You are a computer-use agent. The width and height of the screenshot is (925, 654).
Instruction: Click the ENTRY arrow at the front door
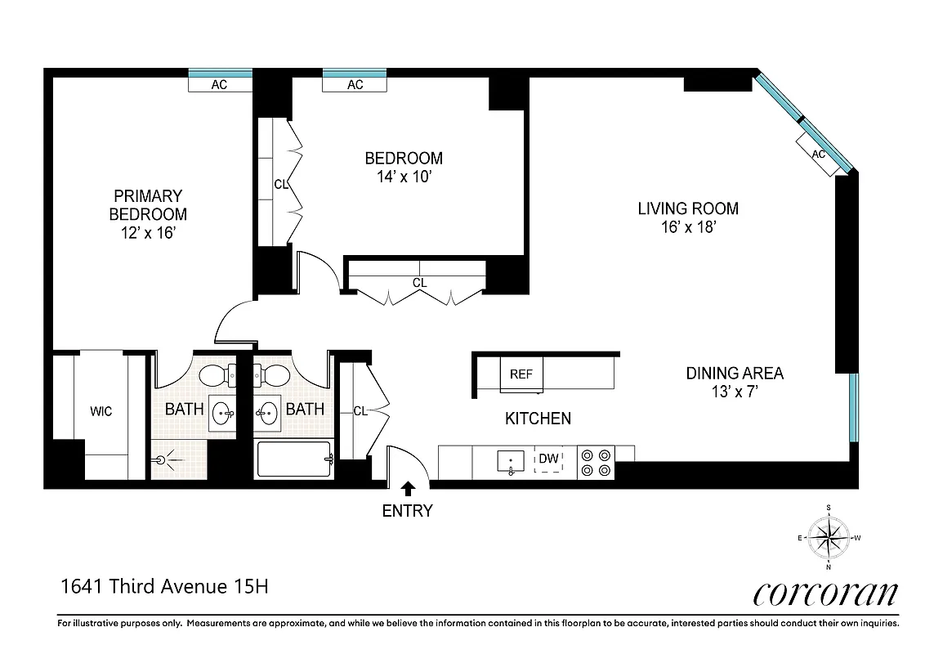point(408,489)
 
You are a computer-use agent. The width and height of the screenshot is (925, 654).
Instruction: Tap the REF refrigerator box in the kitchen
point(521,374)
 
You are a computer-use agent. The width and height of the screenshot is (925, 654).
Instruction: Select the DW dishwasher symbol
point(548,459)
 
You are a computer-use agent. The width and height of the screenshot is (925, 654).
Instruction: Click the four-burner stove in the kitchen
point(597,462)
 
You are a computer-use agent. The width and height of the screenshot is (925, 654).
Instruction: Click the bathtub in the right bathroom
point(294,459)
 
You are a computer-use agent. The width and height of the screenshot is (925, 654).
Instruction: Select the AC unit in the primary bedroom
point(219,84)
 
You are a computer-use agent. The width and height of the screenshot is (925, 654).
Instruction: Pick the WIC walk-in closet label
point(101,411)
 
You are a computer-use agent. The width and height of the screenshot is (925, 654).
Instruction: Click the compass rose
point(829,538)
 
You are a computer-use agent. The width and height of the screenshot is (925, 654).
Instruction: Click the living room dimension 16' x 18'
point(688,227)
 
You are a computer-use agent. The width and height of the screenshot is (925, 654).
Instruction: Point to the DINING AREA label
point(734,374)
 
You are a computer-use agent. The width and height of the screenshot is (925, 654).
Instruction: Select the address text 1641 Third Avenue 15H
point(164,586)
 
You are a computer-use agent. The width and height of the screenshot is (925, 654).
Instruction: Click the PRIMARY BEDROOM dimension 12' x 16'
point(148,232)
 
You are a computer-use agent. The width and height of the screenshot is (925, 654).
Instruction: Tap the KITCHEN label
point(538,419)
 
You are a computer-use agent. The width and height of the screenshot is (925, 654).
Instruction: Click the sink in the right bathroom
point(267,413)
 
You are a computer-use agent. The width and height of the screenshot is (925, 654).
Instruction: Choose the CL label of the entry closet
point(360,411)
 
